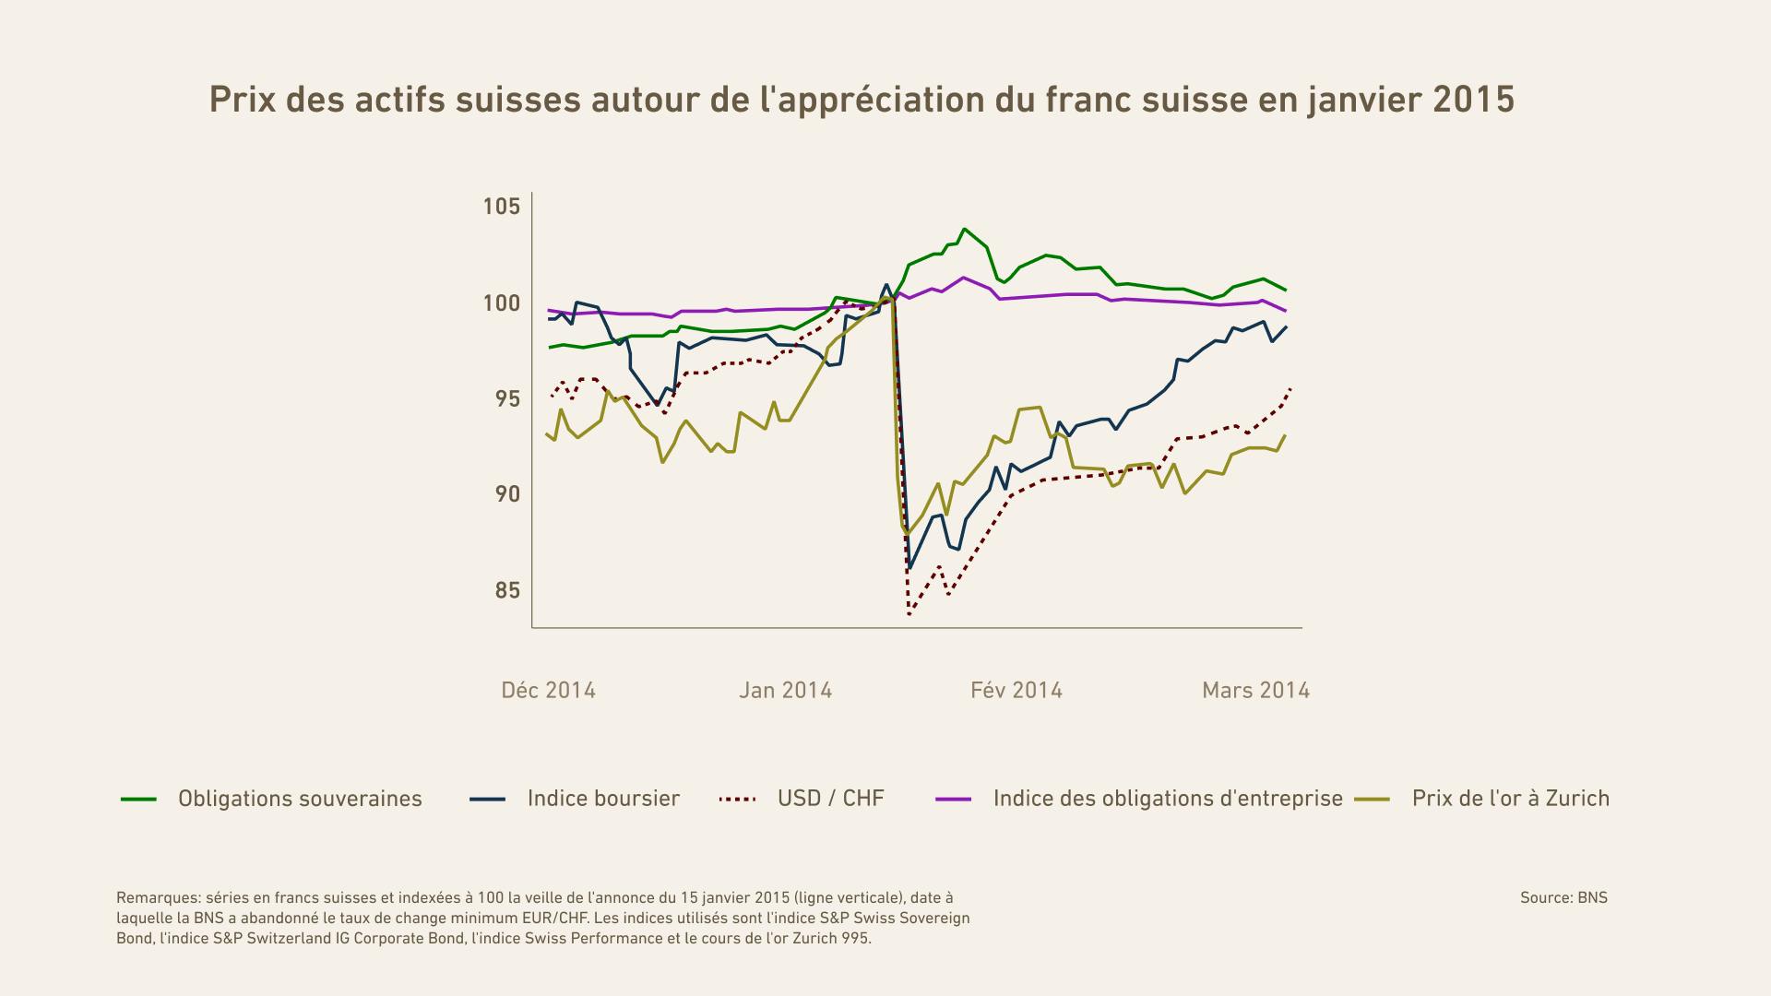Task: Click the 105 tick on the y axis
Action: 501,206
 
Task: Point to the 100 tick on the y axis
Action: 501,302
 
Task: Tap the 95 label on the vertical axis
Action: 506,398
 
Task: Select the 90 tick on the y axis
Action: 506,494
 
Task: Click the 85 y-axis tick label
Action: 506,590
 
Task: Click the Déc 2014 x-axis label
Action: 548,690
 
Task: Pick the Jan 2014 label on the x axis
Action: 785,690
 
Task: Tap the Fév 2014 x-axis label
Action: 1016,690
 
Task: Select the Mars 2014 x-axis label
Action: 1255,690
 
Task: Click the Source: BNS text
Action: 1563,897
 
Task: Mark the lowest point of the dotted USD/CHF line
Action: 909,614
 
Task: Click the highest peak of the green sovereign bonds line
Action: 964,229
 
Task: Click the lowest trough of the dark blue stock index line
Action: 910,567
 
